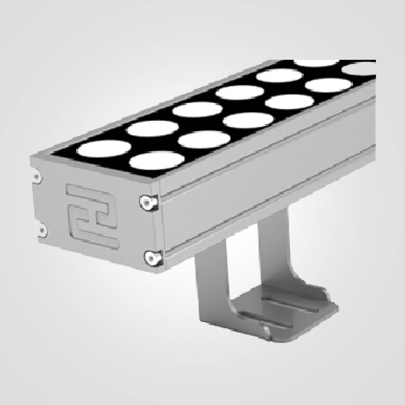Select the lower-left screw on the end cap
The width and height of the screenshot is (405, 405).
click(41, 231)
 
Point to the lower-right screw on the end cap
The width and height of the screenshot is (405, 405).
click(151, 256)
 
